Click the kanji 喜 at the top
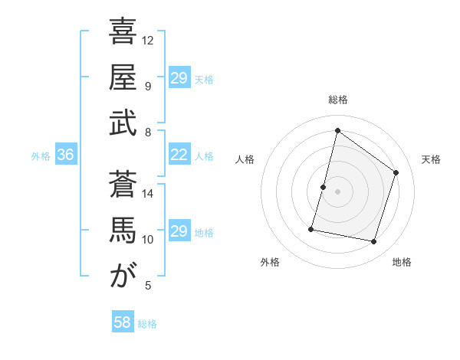(x=123, y=31)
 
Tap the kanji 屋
(x=123, y=78)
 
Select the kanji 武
(x=123, y=124)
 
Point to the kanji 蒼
(x=123, y=185)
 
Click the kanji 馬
(x=123, y=231)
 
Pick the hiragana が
(x=123, y=277)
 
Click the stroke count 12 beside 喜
(x=148, y=40)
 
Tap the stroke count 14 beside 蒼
(x=148, y=193)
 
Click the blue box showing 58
(x=123, y=322)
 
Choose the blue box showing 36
(x=65, y=155)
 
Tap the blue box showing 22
(x=179, y=155)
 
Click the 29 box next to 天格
(x=179, y=78)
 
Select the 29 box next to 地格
(x=179, y=231)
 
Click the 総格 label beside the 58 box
(x=147, y=324)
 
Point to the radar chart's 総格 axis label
(x=337, y=100)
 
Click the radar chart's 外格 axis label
(x=270, y=263)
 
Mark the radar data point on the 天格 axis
(x=396, y=172)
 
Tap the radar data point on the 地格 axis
(x=373, y=241)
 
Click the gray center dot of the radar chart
(x=337, y=191)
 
